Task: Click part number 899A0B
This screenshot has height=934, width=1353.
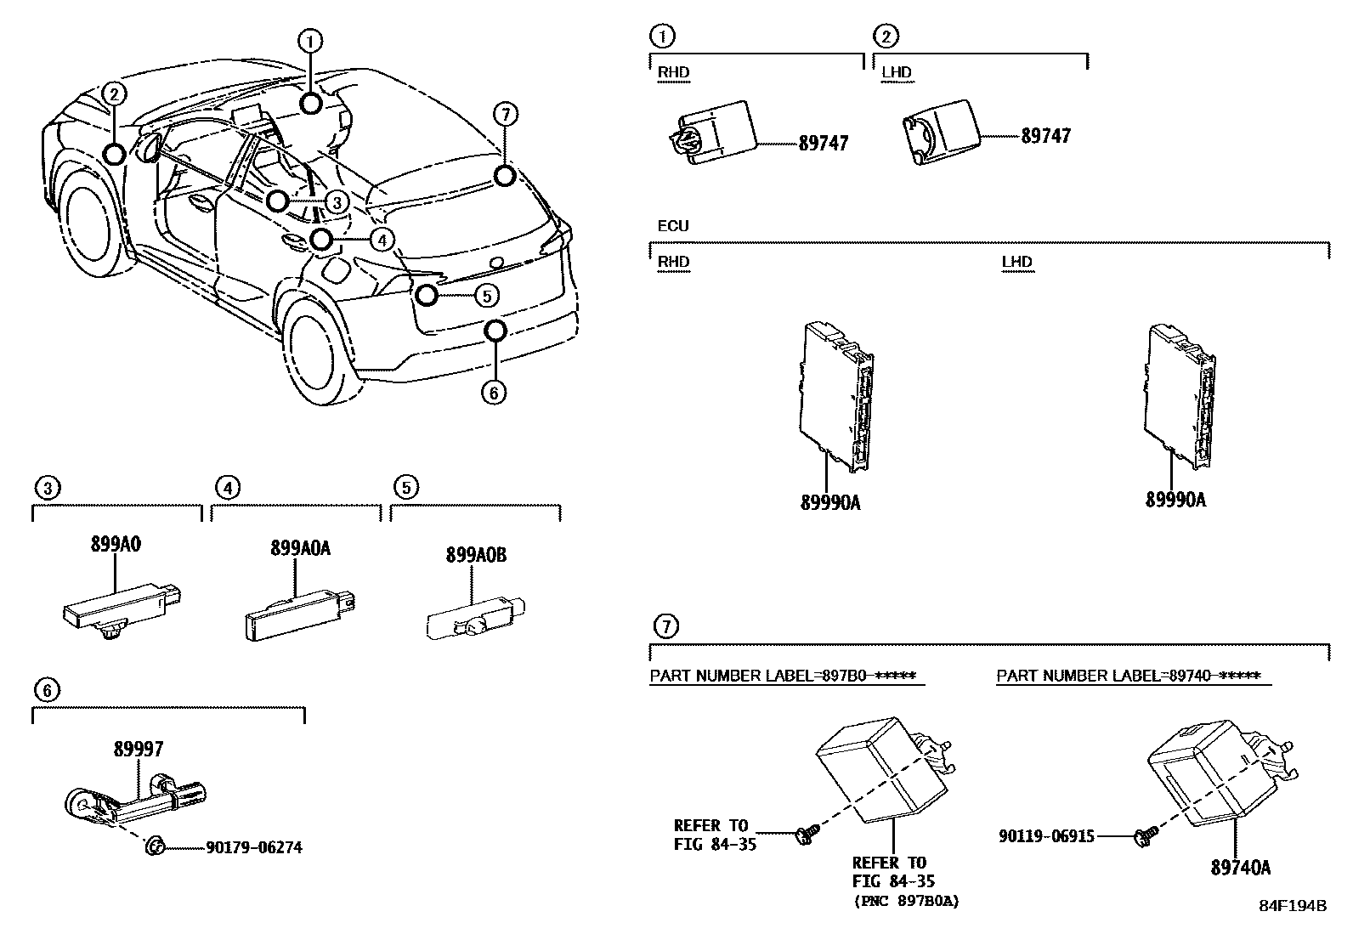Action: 476,555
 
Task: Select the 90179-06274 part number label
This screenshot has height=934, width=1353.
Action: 253,847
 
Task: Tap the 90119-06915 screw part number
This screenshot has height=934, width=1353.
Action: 1046,835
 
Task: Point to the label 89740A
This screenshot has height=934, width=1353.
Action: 1241,868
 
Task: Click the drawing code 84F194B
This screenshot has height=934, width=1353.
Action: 1292,906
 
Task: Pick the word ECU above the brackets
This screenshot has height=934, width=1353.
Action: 672,226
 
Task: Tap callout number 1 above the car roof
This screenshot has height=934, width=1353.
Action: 310,40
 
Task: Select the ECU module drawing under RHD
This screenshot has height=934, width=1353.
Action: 836,396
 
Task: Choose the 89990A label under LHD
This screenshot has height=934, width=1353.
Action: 1175,500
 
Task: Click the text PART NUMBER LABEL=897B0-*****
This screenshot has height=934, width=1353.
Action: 782,676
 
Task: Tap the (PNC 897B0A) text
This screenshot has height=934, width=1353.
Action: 905,902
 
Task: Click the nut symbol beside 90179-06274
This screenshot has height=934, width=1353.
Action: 155,846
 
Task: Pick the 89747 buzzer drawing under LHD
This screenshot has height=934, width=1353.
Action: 940,131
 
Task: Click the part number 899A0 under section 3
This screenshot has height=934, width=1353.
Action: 116,546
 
